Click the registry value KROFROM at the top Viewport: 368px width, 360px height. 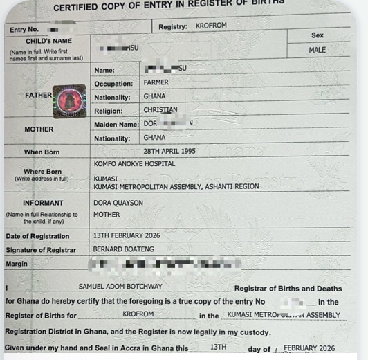[212, 26]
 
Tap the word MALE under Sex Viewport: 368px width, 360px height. [318, 50]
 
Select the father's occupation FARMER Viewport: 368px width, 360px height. [156, 83]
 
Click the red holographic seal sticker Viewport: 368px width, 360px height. [69, 101]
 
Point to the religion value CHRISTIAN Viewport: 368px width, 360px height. [160, 109]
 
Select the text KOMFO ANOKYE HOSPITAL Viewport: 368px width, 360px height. [134, 164]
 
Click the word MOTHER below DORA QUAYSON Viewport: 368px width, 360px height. [107, 215]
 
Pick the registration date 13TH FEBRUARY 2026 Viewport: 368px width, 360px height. [127, 235]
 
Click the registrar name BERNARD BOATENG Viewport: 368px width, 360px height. [122, 249]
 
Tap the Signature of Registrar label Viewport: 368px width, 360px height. [42, 250]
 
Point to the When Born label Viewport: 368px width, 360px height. [42, 152]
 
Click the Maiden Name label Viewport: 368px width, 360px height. [116, 125]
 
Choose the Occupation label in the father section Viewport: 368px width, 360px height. [113, 84]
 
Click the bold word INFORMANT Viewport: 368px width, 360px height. [43, 203]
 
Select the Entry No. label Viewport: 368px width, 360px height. [24, 30]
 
